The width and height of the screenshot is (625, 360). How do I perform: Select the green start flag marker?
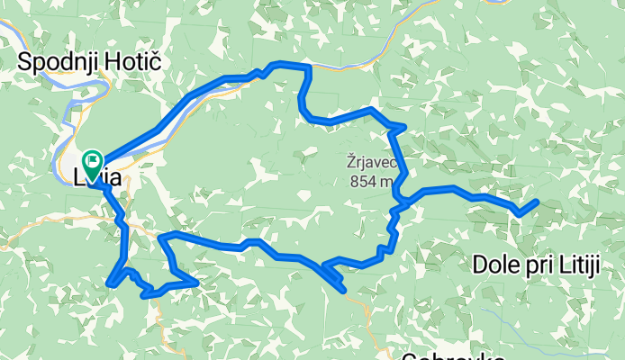point(92,162)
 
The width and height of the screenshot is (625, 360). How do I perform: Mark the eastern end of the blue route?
point(537,202)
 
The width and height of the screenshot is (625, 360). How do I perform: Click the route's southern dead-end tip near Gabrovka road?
point(342,289)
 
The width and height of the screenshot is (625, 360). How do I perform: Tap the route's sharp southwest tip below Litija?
point(109,284)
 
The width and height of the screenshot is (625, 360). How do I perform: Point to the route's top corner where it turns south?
point(308,67)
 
